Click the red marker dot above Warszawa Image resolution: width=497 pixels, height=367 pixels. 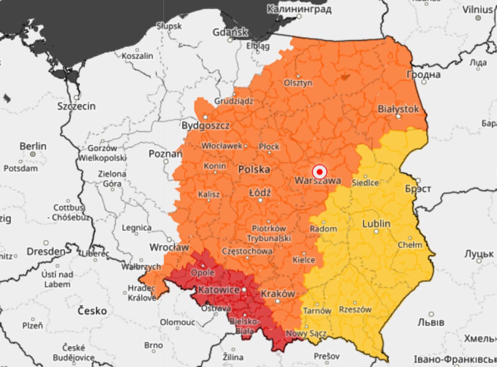(319, 171)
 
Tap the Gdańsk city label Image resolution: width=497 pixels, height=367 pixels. (230, 32)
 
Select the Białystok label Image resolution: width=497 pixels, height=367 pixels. (398, 109)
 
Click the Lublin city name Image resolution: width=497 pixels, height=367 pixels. (376, 224)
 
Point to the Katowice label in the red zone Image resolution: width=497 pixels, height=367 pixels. (219, 290)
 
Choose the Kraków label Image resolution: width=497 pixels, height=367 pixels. (277, 294)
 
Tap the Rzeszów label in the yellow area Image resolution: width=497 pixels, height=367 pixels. (355, 309)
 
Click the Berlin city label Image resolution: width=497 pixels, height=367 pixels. (33, 146)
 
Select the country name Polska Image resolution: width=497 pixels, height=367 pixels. (254, 169)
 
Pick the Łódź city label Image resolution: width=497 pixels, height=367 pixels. (260, 192)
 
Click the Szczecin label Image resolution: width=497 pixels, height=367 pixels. (77, 106)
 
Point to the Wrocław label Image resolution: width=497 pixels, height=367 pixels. (169, 247)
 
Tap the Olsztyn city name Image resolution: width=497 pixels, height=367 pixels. (298, 83)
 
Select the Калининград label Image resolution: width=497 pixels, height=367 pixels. (299, 9)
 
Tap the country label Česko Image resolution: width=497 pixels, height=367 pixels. (92, 310)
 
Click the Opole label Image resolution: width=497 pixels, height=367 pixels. (203, 273)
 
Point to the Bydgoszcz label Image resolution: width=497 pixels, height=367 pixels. (205, 126)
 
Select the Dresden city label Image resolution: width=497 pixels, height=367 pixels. (46, 251)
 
